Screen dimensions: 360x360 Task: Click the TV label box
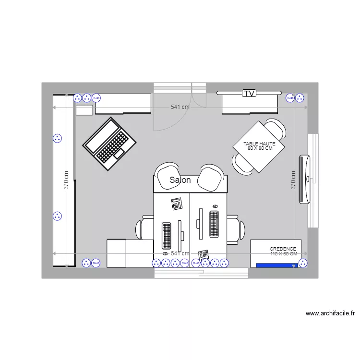coord(249,93)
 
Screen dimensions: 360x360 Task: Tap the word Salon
coord(180,180)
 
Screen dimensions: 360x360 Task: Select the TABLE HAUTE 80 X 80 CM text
coord(259,146)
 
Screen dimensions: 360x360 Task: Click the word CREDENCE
coord(283,249)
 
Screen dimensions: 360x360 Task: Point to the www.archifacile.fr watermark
coord(330,313)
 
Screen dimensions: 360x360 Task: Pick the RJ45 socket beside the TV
coord(290,98)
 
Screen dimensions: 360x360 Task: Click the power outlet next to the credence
coord(302,263)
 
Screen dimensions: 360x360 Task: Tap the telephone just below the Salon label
coord(177,204)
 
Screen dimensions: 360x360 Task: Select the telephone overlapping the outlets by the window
coord(204,254)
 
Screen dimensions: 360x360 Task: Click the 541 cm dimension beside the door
coord(180,107)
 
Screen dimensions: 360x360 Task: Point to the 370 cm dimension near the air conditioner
coord(292,180)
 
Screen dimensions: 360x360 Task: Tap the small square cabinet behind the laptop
coord(84,110)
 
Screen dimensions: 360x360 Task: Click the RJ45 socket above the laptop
coord(96,98)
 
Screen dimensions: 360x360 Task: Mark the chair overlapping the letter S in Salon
coord(167,173)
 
